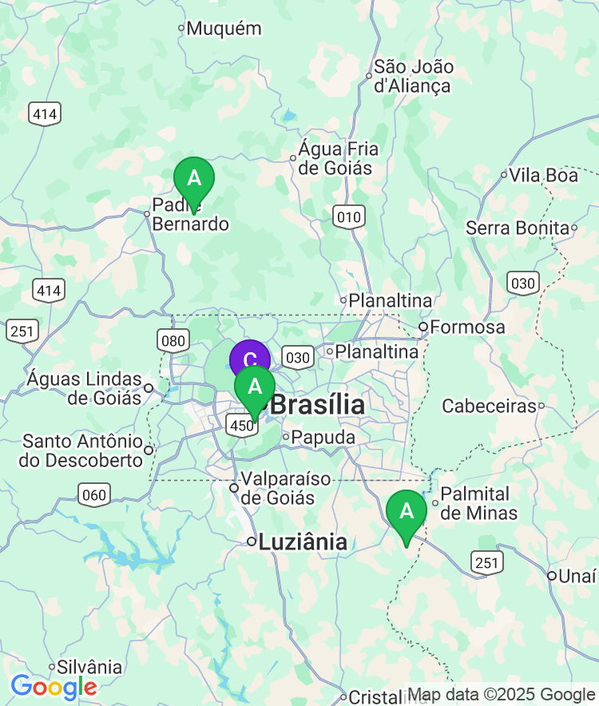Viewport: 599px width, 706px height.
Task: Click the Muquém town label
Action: [x=224, y=29]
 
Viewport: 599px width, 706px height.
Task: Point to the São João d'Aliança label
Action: [x=413, y=77]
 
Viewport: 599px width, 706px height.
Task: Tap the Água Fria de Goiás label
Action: [x=335, y=158]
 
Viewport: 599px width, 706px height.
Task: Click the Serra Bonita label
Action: [x=518, y=228]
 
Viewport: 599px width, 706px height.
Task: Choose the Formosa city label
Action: [x=467, y=327]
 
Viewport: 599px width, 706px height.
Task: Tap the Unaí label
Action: [x=577, y=576]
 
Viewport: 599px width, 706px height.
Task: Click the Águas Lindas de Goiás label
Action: [x=84, y=387]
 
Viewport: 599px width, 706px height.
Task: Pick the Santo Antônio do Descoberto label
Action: [x=82, y=450]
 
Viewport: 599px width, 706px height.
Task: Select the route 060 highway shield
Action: [x=94, y=495]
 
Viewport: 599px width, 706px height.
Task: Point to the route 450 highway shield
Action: [x=241, y=425]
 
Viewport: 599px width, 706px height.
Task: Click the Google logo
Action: [x=54, y=686]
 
